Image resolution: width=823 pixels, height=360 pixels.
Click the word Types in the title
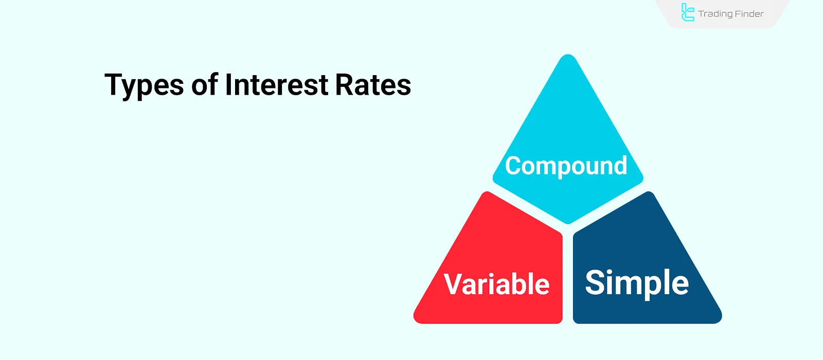point(144,86)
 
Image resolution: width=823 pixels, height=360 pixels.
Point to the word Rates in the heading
point(373,85)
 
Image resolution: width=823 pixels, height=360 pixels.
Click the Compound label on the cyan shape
point(566,167)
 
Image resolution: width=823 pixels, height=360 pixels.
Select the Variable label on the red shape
point(496,284)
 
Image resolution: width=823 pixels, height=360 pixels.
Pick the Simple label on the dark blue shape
point(637,283)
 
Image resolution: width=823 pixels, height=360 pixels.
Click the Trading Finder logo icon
point(687,12)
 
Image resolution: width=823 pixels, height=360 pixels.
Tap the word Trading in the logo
point(715,14)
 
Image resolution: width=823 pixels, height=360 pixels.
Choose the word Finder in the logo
point(749,14)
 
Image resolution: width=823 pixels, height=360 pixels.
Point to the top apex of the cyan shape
point(568,55)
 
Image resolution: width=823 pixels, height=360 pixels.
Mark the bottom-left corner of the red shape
point(415,321)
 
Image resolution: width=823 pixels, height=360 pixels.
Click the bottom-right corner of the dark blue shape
point(720,321)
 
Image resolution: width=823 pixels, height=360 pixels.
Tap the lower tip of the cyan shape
point(568,223)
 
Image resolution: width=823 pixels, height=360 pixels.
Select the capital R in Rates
point(344,85)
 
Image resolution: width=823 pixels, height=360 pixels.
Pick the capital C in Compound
point(514,165)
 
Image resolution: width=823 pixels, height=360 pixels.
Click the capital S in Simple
point(595,282)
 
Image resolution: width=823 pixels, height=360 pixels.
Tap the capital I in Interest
point(228,85)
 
